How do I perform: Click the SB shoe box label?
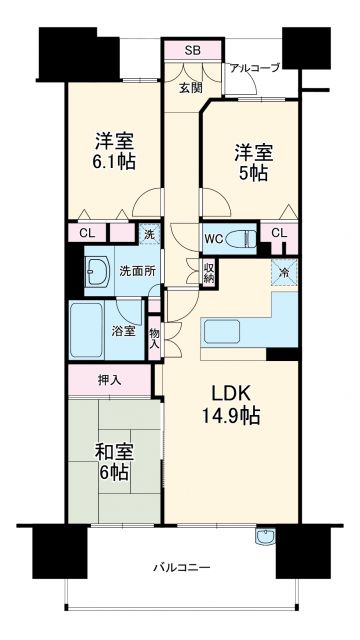click(192, 50)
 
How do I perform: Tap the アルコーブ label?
click(254, 68)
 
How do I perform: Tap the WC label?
click(212, 239)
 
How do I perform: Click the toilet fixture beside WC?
click(240, 238)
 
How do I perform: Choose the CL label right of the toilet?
click(279, 234)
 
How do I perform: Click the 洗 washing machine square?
click(148, 235)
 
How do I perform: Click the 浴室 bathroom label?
click(123, 330)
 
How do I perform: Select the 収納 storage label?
click(208, 271)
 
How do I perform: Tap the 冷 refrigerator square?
click(283, 272)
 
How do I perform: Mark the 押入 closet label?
click(110, 380)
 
